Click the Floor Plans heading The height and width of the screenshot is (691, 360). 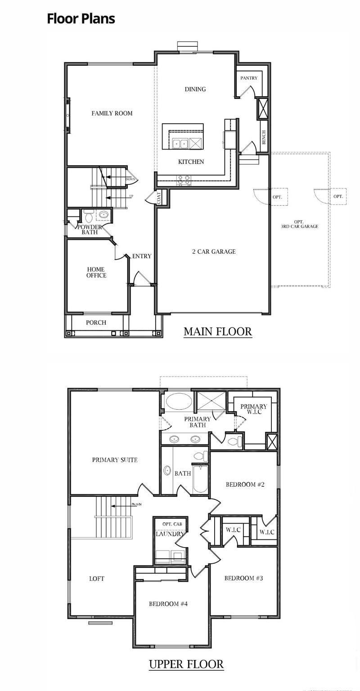point(81,18)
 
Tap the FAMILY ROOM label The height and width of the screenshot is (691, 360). point(112,113)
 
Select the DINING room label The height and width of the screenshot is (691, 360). point(195,89)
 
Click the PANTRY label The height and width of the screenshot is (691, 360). point(249,78)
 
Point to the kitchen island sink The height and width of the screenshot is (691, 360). point(180,144)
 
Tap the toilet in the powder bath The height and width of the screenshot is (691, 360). point(88,217)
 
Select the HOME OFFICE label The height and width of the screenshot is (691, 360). point(96,272)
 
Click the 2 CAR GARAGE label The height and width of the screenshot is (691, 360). point(214,251)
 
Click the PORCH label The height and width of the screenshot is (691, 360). point(96,323)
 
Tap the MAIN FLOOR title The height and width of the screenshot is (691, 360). point(217,332)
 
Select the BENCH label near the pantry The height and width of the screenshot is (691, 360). point(264,135)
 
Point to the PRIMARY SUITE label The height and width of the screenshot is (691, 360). point(115,460)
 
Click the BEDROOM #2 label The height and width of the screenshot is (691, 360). point(245,485)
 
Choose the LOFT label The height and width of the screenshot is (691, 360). point(97,579)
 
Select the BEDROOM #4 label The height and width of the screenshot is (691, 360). point(168,604)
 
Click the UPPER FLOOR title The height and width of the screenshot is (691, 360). point(186,664)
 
